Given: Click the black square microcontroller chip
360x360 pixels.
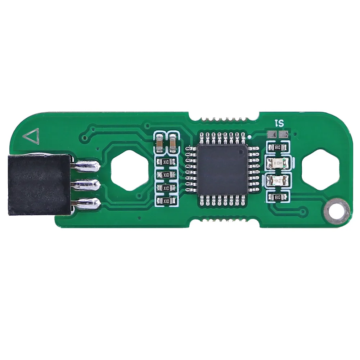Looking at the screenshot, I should pyautogui.click(x=222, y=169).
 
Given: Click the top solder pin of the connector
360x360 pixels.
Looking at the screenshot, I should pyautogui.click(x=86, y=165).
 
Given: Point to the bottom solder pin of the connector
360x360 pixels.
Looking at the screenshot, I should pyautogui.click(x=86, y=204).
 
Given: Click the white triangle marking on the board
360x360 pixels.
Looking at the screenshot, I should pyautogui.click(x=31, y=136).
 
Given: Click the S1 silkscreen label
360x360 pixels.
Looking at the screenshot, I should pyautogui.click(x=279, y=123).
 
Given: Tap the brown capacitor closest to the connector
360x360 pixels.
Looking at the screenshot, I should pyautogui.click(x=159, y=143).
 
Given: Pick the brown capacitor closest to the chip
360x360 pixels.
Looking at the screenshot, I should pyautogui.click(x=173, y=143).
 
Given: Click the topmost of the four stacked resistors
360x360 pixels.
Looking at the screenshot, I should pyautogui.click(x=166, y=162).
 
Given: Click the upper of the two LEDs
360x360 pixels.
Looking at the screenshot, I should pyautogui.click(x=278, y=163).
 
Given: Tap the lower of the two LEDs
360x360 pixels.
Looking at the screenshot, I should pyautogui.click(x=278, y=180).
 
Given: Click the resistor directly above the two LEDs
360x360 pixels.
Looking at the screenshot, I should pyautogui.click(x=278, y=147).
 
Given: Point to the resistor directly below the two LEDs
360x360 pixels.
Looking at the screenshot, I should pyautogui.click(x=278, y=197).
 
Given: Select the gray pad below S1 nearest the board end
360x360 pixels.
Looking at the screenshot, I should pyautogui.click(x=283, y=134).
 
